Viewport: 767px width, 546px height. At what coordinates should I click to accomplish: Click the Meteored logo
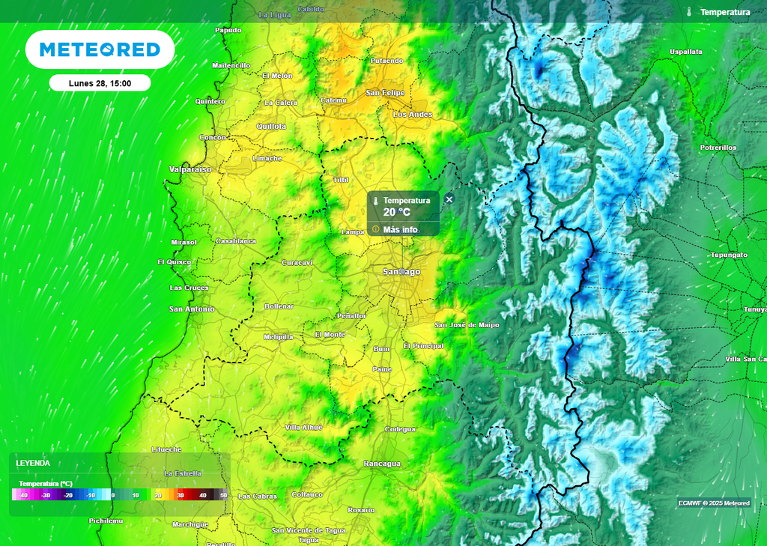coord(100,49)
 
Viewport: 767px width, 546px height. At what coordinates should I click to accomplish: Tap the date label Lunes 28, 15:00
coord(100,83)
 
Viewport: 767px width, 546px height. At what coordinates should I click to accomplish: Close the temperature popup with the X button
coord(449,199)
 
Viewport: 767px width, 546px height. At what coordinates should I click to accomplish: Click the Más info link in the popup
coord(400,229)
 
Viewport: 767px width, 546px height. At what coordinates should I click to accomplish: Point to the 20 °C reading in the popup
coord(397,213)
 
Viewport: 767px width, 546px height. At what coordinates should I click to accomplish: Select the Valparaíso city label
coord(190,170)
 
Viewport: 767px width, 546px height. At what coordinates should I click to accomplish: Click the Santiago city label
coord(401,271)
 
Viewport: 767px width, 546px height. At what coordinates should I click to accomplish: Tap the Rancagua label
coord(383,464)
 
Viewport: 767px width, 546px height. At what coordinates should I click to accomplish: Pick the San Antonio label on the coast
coord(191,309)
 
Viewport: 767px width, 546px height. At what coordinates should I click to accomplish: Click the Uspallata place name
coord(685,52)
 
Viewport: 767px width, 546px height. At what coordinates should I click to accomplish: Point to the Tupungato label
coord(729,255)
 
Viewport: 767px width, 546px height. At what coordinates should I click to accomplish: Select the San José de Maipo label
coord(467,325)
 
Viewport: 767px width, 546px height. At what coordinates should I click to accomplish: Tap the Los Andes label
coord(413,115)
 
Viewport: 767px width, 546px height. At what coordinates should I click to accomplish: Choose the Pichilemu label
coord(105,520)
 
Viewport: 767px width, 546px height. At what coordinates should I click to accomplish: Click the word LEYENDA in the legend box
coord(33,464)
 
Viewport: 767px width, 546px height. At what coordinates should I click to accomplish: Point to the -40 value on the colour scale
coord(23,496)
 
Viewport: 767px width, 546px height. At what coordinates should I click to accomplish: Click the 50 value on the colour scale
coord(222,496)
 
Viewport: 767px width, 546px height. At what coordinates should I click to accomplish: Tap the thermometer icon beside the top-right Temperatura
coord(689,12)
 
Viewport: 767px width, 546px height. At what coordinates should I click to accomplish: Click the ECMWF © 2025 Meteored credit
coord(714,503)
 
